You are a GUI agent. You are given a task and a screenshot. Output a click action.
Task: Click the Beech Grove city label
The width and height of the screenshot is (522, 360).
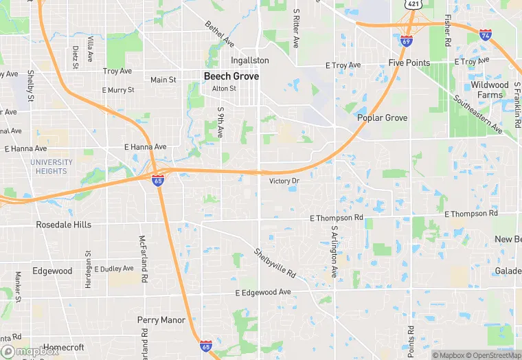[x=231, y=76]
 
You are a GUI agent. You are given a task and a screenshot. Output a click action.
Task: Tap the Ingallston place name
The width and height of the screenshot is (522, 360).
[x=250, y=60]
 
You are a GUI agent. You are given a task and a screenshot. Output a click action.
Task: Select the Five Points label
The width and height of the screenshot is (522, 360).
[x=409, y=63]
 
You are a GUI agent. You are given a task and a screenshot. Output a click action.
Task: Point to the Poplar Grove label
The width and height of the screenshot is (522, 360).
[x=382, y=117]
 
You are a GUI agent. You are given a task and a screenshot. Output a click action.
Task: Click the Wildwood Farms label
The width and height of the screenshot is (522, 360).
[x=490, y=90]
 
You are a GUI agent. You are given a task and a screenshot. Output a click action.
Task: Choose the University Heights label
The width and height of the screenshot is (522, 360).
[x=52, y=166]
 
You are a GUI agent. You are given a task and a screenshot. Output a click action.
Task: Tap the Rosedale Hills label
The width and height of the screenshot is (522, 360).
[x=64, y=225]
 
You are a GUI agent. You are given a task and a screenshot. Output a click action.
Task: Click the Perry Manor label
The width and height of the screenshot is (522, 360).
[x=161, y=320]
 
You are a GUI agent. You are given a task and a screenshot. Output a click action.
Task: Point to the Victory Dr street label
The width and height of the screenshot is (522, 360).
[x=284, y=181]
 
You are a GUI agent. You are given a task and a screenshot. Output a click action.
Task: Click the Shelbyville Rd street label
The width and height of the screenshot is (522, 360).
[x=275, y=263]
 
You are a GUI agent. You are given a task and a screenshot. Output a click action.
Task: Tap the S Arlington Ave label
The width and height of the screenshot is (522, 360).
[x=334, y=252]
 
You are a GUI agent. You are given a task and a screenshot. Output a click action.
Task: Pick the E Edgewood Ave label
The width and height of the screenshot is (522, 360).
[x=263, y=293]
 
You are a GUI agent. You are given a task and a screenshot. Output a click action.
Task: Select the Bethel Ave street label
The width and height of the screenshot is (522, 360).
[x=219, y=34]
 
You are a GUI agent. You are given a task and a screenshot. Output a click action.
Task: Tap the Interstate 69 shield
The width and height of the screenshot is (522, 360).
[x=407, y=41]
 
